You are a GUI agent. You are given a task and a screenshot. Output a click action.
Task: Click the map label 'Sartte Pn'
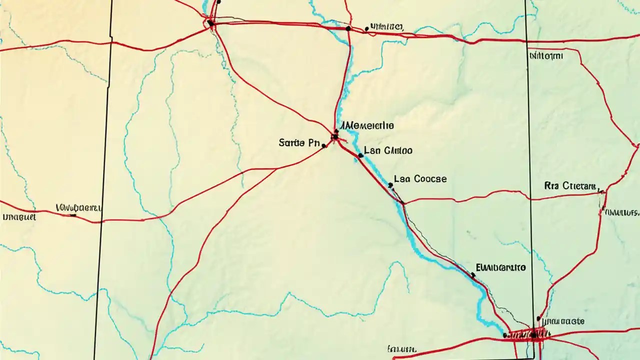[298, 143]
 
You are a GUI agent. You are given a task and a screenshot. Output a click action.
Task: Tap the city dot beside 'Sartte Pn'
[324, 146]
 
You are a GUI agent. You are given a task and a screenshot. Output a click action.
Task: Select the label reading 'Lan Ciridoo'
[388, 150]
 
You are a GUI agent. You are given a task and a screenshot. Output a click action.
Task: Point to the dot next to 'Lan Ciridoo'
[360, 155]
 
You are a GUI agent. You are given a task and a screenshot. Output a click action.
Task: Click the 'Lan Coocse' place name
[420, 178]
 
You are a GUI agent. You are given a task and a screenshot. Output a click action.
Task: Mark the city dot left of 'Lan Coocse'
[390, 185]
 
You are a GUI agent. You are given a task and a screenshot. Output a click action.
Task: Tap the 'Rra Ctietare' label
[570, 186]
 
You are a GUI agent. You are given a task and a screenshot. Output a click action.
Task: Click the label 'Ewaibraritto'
[500, 267]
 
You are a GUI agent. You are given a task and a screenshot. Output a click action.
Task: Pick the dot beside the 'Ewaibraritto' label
[472, 274]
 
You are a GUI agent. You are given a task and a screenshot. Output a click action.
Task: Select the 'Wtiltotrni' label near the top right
[545, 56]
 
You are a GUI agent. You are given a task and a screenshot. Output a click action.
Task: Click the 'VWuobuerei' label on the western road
[79, 206]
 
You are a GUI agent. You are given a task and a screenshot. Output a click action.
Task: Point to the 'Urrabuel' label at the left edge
[18, 217]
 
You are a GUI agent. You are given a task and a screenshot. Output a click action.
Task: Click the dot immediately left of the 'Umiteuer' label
[366, 29]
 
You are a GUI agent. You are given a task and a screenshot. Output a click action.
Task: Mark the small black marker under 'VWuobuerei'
[73, 215]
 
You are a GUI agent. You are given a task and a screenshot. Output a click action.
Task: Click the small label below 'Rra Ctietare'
[622, 212]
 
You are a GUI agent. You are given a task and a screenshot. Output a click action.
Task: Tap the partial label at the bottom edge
[402, 348]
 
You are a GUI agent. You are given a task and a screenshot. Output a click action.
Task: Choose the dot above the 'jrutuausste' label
[538, 318]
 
